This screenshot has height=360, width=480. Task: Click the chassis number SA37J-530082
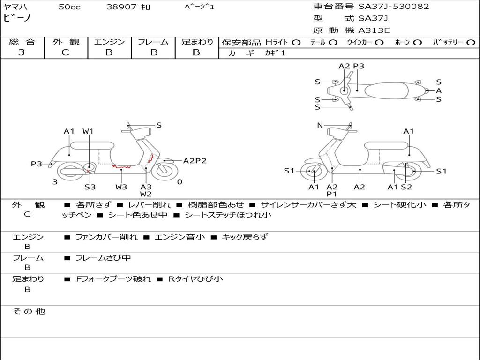pos(394,7)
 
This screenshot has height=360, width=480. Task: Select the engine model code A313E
pos(374,31)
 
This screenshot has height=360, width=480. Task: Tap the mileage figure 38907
pos(121,7)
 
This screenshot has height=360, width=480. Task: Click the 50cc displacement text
pos(69,7)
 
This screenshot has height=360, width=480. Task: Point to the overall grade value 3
pos(22,52)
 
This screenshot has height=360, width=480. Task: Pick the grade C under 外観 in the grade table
pos(65,52)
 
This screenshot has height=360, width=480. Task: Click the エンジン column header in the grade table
pos(109,42)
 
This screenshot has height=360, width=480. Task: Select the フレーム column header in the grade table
pos(153,42)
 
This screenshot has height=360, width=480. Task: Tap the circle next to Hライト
pos(296,43)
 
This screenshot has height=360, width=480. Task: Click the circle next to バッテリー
pos(471,43)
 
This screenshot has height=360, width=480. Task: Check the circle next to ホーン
pos(417,43)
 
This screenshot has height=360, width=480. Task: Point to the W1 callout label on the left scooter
pos(88,131)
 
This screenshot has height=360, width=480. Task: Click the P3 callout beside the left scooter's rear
pos(37,164)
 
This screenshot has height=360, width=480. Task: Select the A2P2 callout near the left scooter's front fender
pos(195,161)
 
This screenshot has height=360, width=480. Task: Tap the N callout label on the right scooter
pos(320,125)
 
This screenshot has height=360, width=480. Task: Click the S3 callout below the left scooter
pos(90,187)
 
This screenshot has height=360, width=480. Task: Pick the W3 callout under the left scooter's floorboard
pos(121,187)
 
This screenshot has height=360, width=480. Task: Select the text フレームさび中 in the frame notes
pos(103,258)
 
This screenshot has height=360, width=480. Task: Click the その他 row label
pos(29,311)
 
